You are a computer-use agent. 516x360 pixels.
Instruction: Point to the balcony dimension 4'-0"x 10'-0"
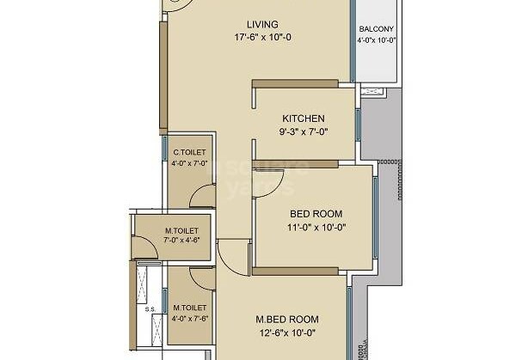coord(377,40)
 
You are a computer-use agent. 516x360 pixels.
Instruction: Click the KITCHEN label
coord(304,119)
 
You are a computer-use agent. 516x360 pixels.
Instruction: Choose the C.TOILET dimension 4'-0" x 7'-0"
coord(189,162)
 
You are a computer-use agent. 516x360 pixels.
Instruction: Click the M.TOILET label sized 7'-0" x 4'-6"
coord(181,230)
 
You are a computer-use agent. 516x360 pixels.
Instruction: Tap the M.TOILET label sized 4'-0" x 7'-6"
coord(188,307)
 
